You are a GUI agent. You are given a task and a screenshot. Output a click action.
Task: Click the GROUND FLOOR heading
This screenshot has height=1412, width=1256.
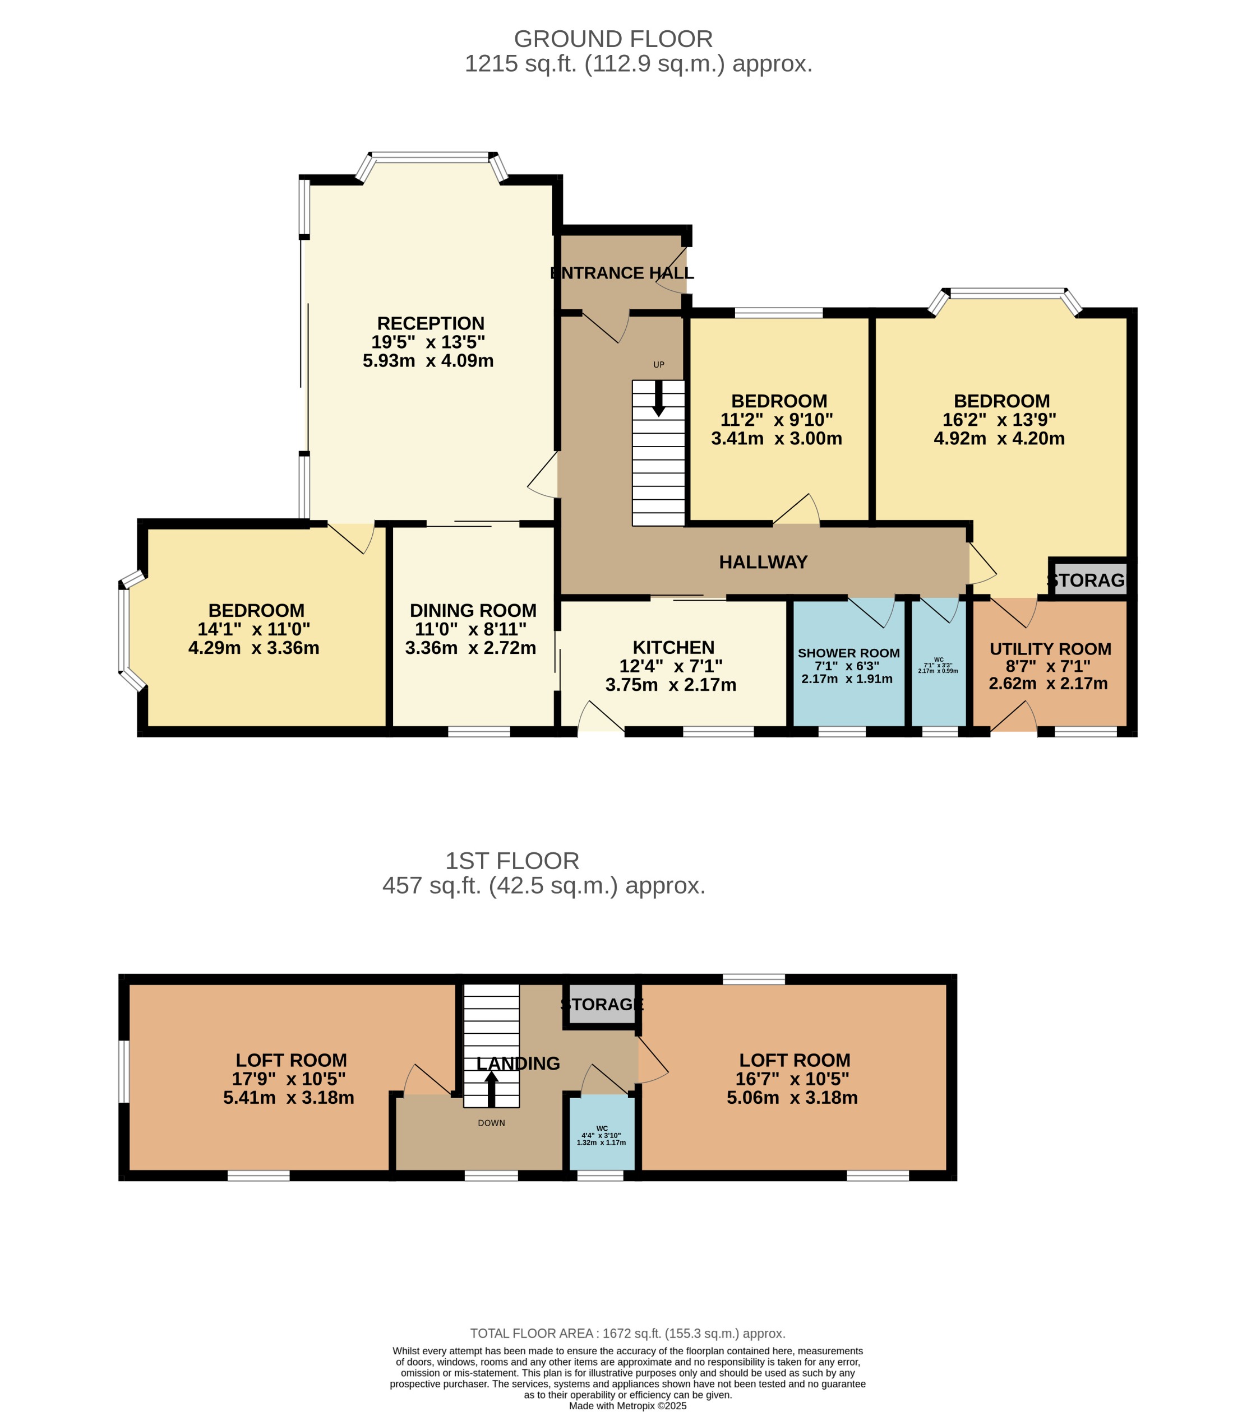pyautogui.click(x=612, y=39)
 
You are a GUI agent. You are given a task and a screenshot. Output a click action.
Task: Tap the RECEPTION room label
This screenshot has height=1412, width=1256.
pyautogui.click(x=430, y=323)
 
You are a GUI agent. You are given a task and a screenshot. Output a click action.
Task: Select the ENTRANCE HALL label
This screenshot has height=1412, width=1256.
pyautogui.click(x=621, y=273)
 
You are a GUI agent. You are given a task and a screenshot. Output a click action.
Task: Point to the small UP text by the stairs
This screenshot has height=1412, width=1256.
pyautogui.click(x=658, y=365)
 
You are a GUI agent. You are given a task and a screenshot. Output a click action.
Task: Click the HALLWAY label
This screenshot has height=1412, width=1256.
pyautogui.click(x=763, y=563)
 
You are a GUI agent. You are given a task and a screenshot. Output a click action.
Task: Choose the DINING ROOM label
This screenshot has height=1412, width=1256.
pyautogui.click(x=473, y=611)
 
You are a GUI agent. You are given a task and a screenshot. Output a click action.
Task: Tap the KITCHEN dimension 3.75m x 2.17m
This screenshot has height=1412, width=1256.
pyautogui.click(x=671, y=685)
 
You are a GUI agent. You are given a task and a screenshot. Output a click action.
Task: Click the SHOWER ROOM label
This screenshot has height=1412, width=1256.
pyautogui.click(x=848, y=653)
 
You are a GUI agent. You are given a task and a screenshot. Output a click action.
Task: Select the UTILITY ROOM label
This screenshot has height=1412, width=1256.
pyautogui.click(x=1050, y=649)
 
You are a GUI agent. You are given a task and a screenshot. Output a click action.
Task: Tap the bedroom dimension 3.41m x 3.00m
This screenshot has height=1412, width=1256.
pyautogui.click(x=776, y=439)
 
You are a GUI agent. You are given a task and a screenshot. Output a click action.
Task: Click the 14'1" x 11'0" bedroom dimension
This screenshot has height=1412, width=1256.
pyautogui.click(x=253, y=629)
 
